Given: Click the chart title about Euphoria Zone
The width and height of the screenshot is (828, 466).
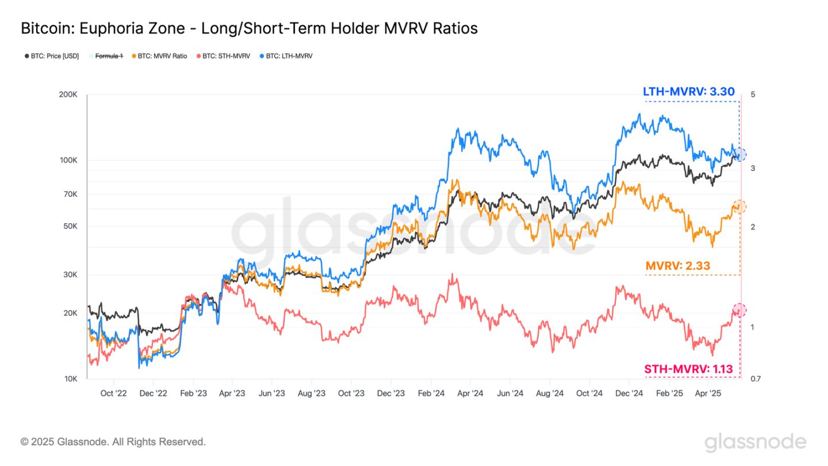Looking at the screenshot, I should (x=249, y=28).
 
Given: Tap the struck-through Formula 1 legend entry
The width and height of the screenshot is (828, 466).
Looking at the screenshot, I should (x=108, y=56).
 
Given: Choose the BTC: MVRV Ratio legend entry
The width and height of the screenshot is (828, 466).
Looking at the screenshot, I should (x=162, y=56).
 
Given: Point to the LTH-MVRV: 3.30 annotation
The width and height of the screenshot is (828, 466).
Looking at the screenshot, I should (x=688, y=91).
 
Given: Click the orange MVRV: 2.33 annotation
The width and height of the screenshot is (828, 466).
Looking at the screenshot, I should (x=678, y=266).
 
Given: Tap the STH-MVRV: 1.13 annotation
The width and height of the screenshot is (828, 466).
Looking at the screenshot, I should (x=689, y=369).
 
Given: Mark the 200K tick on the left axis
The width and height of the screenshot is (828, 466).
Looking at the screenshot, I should (x=68, y=94).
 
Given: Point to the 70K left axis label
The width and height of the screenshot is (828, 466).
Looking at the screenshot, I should (x=70, y=194).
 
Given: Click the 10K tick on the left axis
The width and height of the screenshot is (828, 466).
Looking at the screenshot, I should (x=70, y=379).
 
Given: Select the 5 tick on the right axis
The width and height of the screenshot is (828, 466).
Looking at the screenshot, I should (x=753, y=94).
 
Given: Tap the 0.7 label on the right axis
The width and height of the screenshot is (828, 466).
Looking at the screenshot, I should (x=756, y=379).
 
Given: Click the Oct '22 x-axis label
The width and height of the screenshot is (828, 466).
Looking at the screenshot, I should (x=114, y=394).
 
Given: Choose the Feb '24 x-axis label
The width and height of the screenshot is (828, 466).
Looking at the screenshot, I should (x=431, y=394).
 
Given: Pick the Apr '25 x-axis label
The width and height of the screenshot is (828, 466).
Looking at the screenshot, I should (x=708, y=394).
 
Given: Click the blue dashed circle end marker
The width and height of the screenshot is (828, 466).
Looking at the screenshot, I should (x=739, y=154).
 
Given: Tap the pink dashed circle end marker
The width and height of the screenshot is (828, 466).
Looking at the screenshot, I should (x=739, y=310).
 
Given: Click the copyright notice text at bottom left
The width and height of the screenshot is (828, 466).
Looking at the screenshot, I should (x=113, y=442).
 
